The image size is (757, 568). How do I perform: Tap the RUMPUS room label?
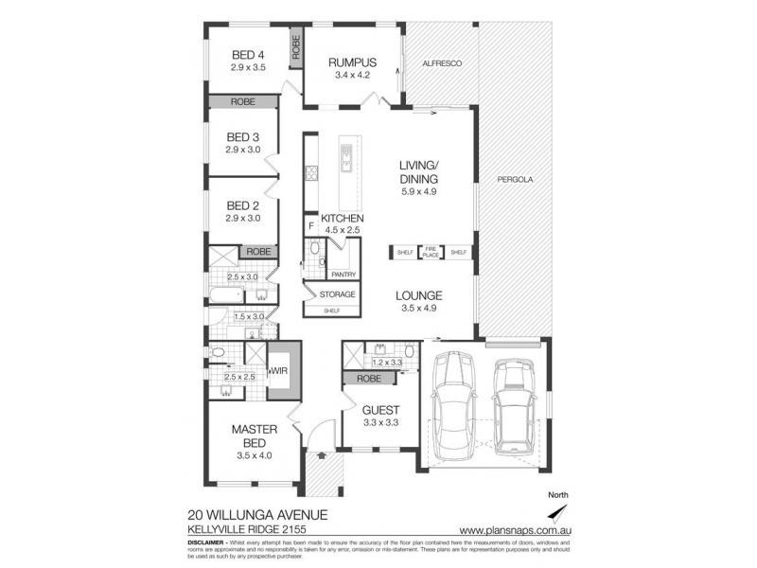click(347, 62)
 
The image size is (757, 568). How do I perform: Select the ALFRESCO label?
click(440, 62)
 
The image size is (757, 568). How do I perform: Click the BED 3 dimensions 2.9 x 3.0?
click(243, 150)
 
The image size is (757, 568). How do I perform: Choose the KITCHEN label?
click(342, 217)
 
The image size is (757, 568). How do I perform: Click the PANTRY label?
click(343, 275)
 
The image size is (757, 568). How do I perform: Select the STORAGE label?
click(337, 294)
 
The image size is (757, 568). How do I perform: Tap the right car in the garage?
click(512, 399)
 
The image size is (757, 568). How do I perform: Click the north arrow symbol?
click(561, 512)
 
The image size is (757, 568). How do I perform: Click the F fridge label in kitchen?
click(310, 227)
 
